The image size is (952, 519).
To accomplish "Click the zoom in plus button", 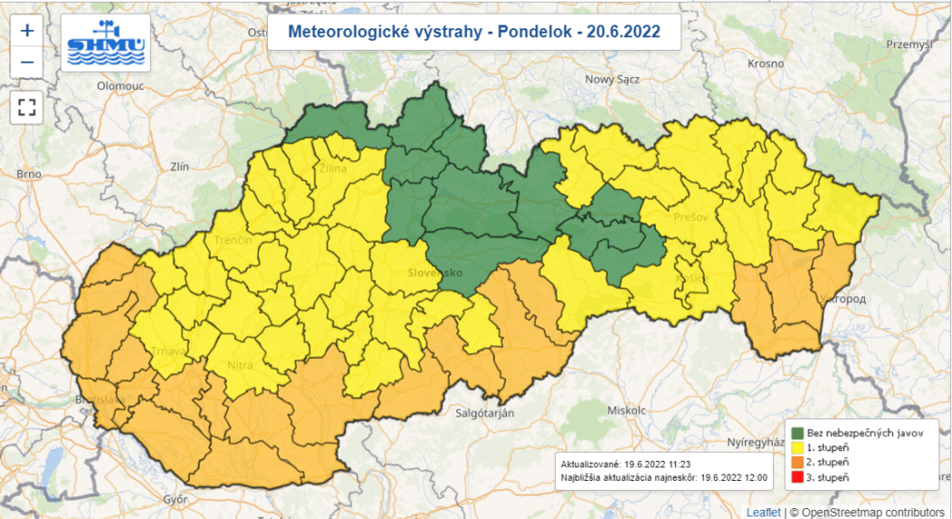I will point(27,30).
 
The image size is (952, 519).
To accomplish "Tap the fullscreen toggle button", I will point(27,108).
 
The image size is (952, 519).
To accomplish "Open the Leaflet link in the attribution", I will point(763,512).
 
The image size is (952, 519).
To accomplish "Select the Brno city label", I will point(29,173).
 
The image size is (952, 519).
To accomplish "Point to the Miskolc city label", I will point(624,409).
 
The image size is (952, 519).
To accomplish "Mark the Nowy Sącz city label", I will point(613,79).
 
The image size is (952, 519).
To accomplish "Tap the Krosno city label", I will point(766,63).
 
